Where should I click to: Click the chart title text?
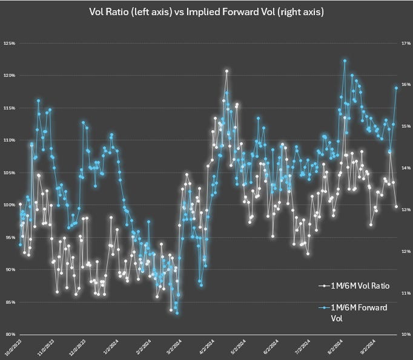tap(206, 11)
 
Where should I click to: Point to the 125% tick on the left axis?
tap(9, 44)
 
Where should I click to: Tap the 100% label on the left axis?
tap(9, 205)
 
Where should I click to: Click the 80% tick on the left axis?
tap(9, 334)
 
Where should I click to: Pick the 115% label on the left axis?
tap(9, 108)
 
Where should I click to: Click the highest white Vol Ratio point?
tap(226, 71)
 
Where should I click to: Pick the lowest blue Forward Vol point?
tap(177, 313)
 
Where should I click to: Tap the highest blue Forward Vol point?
tap(345, 61)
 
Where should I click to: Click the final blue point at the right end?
tap(397, 88)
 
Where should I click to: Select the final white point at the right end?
tap(397, 206)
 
